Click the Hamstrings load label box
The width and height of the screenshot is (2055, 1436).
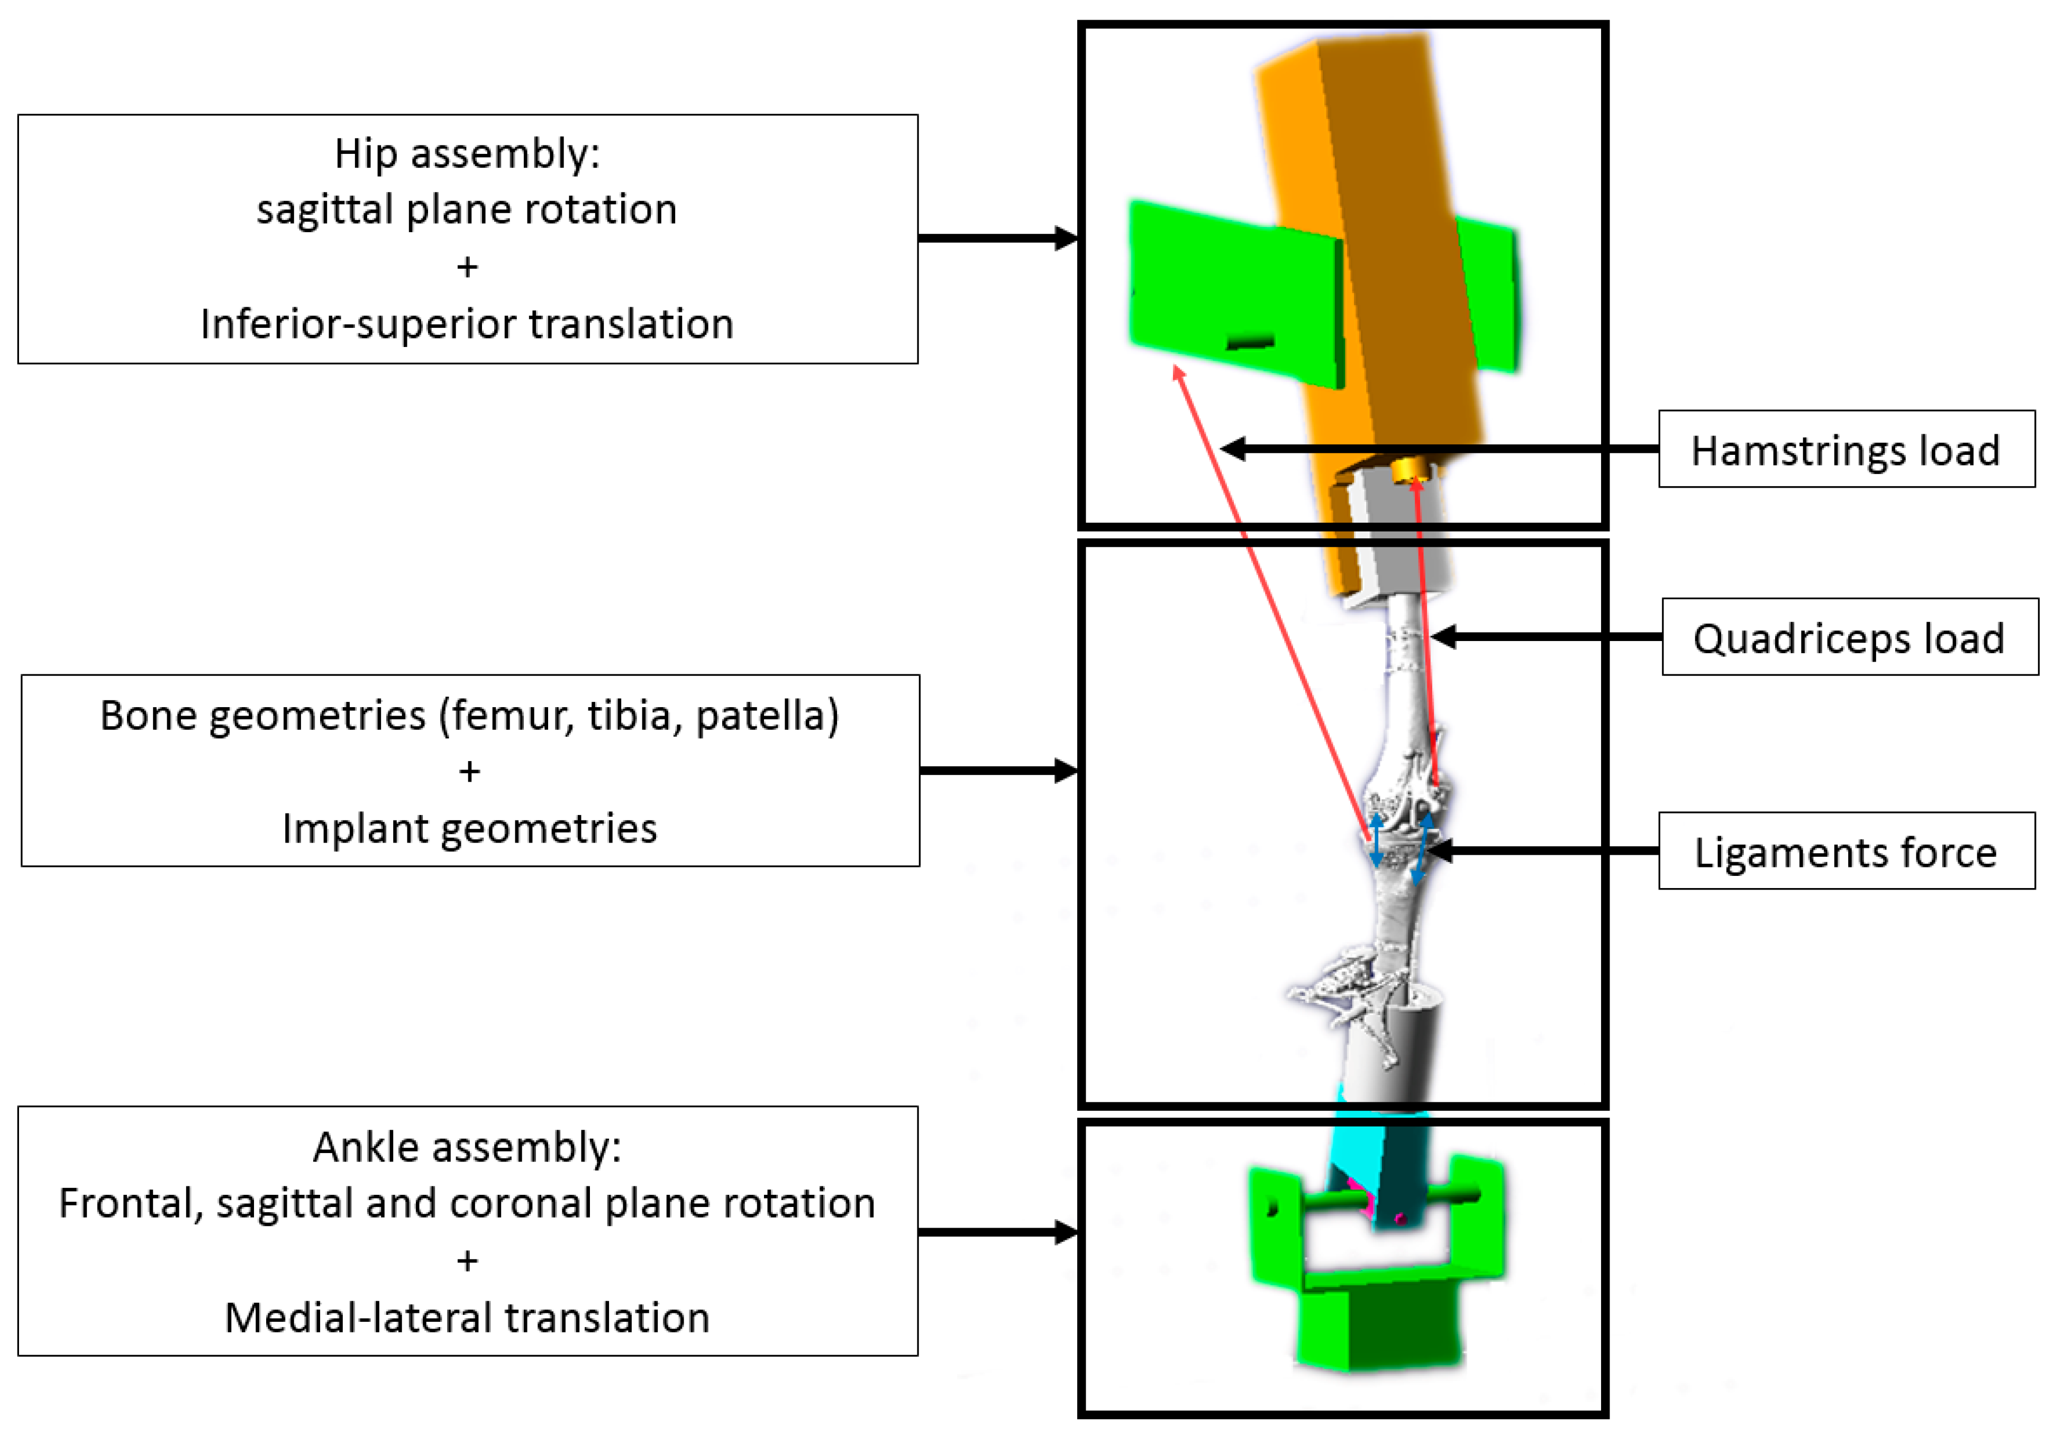[x=1845, y=449]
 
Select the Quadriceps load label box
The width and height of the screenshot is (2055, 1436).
[x=1849, y=637]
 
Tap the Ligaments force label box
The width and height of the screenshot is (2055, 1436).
[x=1845, y=851]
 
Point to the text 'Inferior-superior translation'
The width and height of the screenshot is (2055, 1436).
[x=467, y=323]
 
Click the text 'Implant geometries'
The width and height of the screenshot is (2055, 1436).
[x=469, y=828]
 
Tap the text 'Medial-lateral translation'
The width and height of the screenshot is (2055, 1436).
[x=467, y=1317]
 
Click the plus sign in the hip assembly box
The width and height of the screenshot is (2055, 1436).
[x=467, y=267]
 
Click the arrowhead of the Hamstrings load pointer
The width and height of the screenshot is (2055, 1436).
[x=1233, y=449]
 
